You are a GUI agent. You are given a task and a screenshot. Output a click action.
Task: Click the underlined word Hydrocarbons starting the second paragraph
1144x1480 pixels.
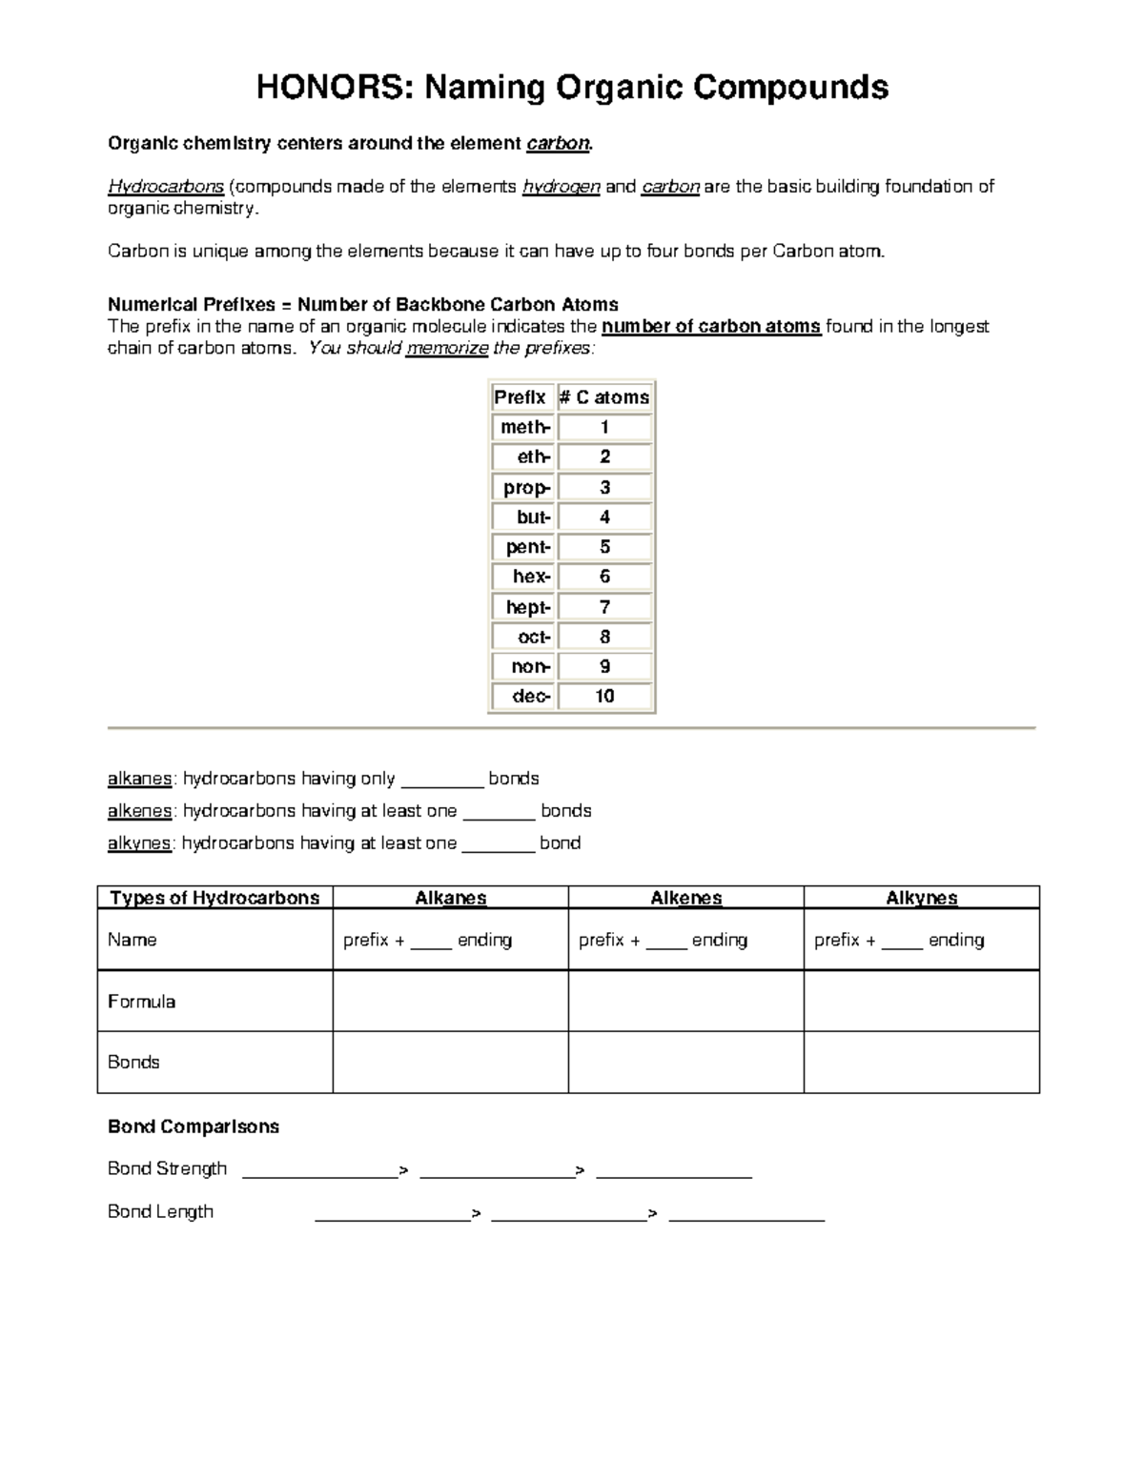[166, 187]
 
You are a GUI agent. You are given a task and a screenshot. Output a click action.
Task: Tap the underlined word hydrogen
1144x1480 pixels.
[561, 187]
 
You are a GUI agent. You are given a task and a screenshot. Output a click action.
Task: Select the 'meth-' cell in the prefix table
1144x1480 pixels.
[523, 427]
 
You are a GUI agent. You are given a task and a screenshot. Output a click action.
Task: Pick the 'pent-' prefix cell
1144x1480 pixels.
[523, 547]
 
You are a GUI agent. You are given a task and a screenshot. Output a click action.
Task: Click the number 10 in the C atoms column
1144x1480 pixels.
[604, 697]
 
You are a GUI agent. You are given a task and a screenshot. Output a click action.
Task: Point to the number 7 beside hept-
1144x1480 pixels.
[604, 607]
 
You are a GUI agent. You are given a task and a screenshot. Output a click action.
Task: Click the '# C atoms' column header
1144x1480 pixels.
[604, 397]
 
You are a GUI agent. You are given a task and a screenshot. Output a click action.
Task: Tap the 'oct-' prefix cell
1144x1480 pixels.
[523, 637]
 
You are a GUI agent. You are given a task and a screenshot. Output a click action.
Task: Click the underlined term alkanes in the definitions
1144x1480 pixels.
[139, 779]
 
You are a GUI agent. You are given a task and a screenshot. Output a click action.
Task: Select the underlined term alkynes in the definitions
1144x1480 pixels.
[139, 843]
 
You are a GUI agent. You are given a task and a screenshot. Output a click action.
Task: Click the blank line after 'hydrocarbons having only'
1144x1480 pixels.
[442, 781]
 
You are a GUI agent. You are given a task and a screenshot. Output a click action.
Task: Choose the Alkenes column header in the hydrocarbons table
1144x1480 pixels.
[685, 898]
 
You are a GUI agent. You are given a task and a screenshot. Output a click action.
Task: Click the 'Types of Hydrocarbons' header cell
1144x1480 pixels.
[214, 898]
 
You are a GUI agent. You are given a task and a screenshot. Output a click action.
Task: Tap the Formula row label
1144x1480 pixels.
[141, 1002]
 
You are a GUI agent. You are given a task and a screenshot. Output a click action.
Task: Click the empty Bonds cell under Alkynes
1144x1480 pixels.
[921, 1063]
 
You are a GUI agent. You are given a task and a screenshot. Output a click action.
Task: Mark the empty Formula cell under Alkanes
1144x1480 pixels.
[450, 1002]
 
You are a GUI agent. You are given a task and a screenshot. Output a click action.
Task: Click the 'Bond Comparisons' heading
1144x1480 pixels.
[194, 1126]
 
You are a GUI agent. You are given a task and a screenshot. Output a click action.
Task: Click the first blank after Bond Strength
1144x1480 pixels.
[320, 1171]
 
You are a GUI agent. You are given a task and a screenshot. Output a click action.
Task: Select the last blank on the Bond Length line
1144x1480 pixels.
[746, 1214]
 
